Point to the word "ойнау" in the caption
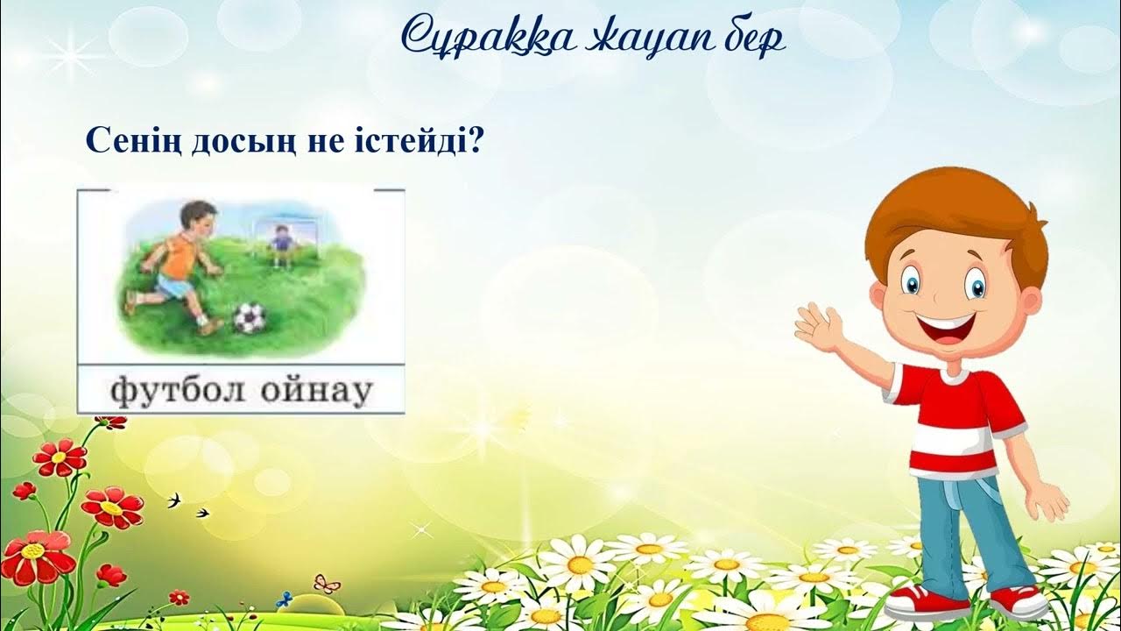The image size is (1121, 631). click(315, 390)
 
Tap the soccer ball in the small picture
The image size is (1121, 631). click(250, 317)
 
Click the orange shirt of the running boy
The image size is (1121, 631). click(181, 254)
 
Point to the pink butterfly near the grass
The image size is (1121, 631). click(327, 583)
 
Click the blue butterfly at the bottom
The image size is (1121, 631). click(283, 600)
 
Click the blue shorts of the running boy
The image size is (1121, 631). click(173, 286)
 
